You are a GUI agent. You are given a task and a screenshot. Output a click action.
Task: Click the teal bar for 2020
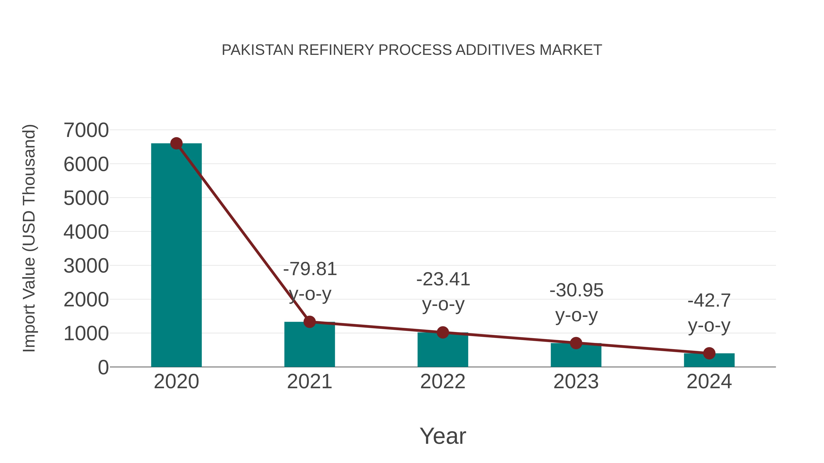(x=176, y=256)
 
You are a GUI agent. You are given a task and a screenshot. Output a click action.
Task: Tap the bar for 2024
(x=709, y=360)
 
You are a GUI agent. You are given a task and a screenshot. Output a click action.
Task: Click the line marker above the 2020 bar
(x=176, y=143)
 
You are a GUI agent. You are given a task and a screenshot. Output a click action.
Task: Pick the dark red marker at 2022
(x=442, y=332)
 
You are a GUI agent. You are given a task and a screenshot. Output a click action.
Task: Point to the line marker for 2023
(x=576, y=343)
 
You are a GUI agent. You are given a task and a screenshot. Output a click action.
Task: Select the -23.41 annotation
(x=443, y=279)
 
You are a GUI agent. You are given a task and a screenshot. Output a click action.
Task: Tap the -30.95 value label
(x=576, y=290)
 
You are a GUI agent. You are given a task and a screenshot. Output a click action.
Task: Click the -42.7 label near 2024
(x=709, y=301)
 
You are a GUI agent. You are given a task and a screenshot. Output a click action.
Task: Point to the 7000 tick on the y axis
(x=86, y=130)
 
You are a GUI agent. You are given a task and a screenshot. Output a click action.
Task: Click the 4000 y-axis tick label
(x=86, y=232)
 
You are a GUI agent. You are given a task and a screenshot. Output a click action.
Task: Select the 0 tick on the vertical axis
(x=103, y=367)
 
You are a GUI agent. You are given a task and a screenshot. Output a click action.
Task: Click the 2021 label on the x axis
(x=309, y=382)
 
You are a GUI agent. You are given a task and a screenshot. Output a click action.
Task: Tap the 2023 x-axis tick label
(x=576, y=382)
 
